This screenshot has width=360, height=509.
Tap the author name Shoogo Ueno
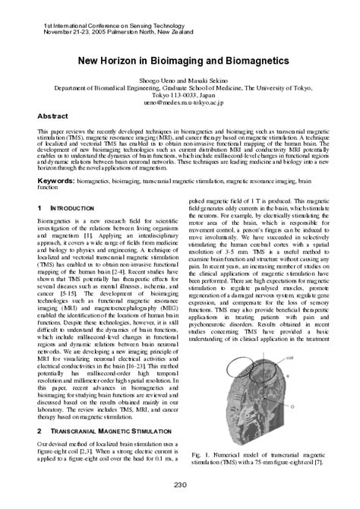point(155,80)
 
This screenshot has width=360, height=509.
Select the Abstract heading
point(57,116)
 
